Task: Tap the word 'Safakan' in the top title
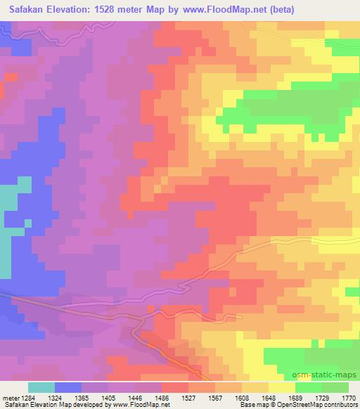[x=25, y=10]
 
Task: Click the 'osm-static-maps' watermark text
[x=325, y=375]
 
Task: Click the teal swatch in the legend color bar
[x=41, y=387]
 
